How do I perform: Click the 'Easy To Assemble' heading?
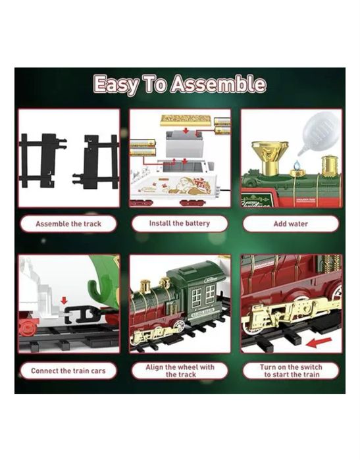coord(180,84)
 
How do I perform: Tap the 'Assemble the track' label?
coord(68,224)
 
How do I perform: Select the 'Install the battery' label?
coord(180,223)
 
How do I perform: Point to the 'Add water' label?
coord(291,224)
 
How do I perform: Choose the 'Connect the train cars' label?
coord(68,371)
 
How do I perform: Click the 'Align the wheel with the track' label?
coord(180,371)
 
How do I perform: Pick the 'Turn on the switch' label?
coord(291,367)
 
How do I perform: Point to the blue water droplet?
coord(297,165)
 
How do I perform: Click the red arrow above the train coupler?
coord(64,300)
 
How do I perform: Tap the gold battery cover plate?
coord(186,120)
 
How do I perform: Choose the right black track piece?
coord(95,162)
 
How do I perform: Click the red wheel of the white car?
coord(28,326)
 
